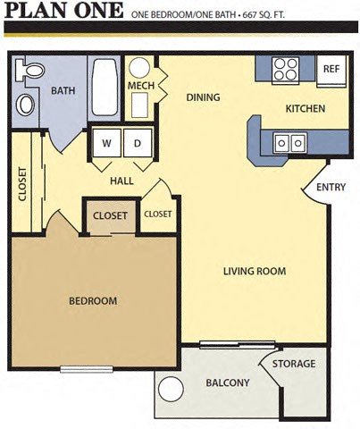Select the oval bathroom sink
(26, 105)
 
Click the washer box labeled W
(107, 143)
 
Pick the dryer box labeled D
(138, 143)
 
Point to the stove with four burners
(286, 69)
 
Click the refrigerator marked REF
(331, 70)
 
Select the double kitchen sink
(290, 141)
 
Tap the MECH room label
(141, 86)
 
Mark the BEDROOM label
(93, 301)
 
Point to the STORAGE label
(294, 364)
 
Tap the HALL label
(121, 181)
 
